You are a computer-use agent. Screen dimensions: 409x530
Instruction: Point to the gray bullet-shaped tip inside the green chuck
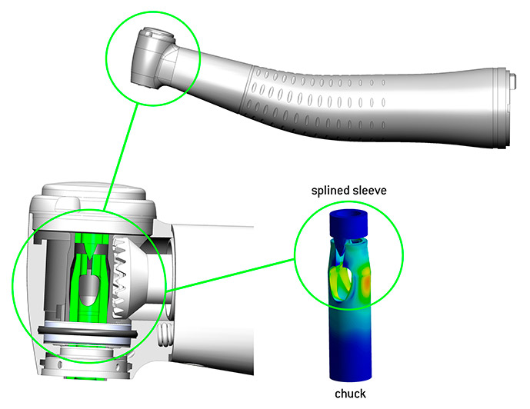tap(89, 287)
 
